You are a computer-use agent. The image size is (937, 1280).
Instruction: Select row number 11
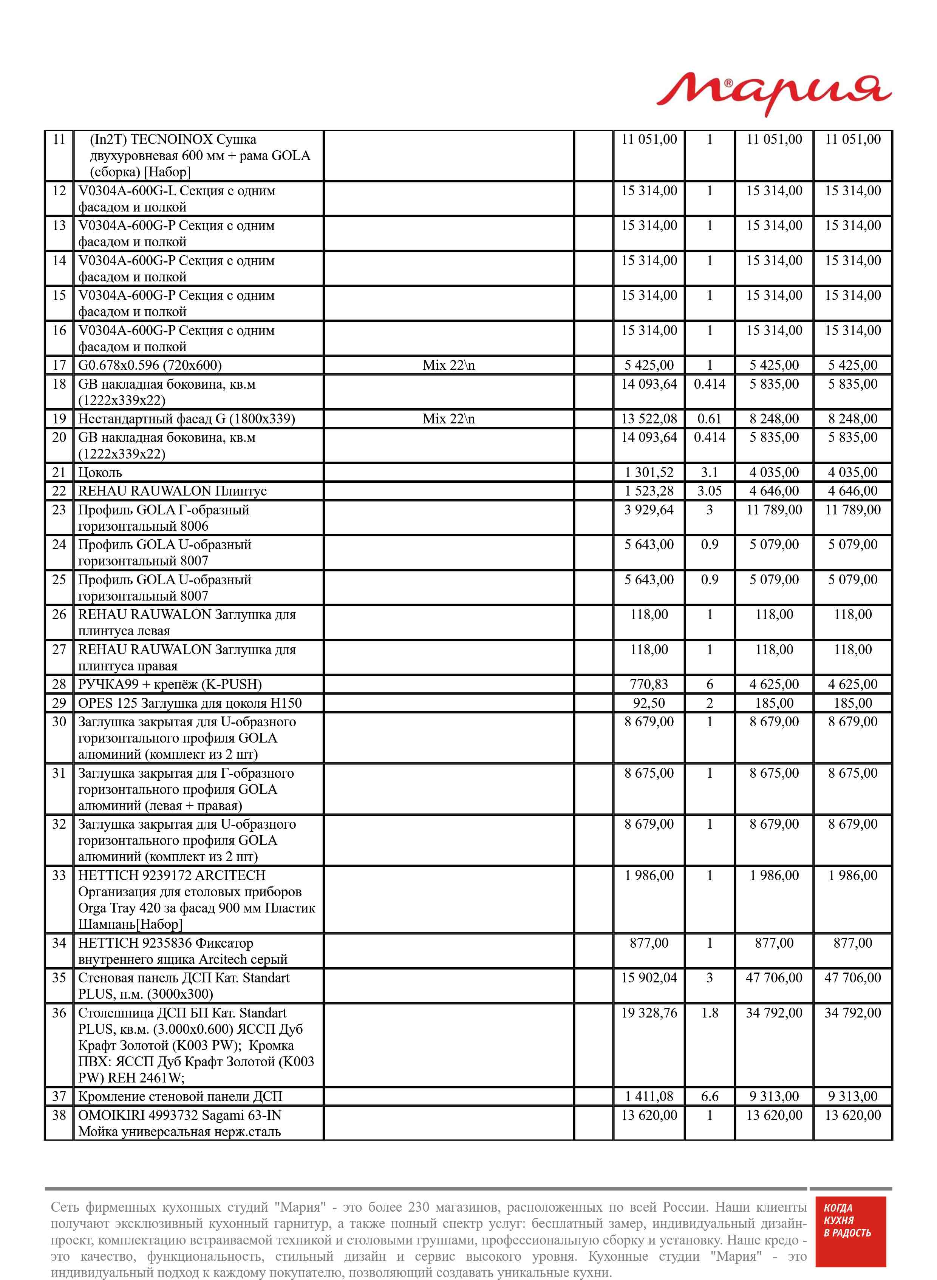pos(59,139)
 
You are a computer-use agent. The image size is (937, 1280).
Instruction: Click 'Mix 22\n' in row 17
pos(448,366)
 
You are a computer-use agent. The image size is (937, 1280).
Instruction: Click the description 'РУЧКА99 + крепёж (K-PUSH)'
pos(170,684)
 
